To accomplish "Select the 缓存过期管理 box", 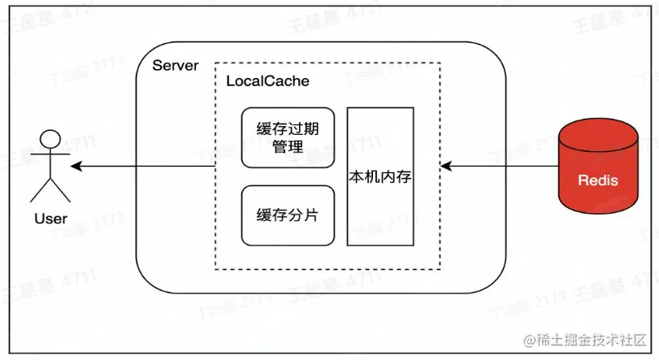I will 288,137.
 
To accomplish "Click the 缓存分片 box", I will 288,215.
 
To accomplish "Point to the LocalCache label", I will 267,82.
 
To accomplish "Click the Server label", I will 176,65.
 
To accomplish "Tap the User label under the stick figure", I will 50,218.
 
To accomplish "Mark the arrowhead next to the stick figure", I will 76,167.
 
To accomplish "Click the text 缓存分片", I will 288,215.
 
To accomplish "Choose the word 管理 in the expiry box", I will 288,147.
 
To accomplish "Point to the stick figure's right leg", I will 61,191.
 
